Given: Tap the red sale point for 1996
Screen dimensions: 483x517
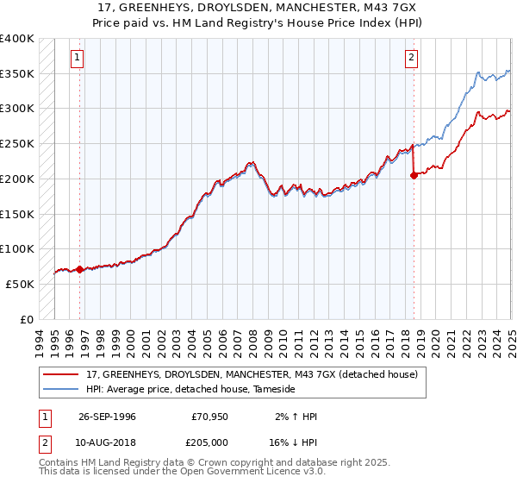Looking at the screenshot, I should (x=80, y=269).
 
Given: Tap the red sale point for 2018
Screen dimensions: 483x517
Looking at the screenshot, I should (x=414, y=175).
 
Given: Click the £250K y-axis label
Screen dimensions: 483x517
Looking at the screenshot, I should (x=17, y=144).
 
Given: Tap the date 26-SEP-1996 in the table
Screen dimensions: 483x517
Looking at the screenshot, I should (x=107, y=417).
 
